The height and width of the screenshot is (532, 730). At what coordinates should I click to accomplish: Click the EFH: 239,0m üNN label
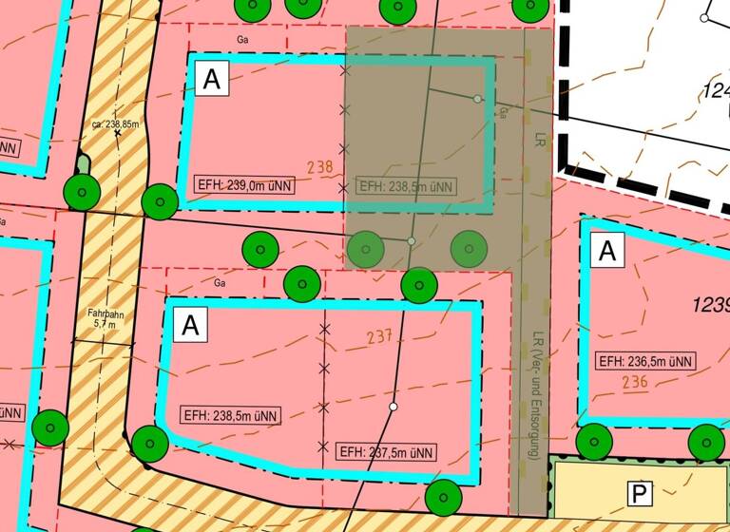[242, 184]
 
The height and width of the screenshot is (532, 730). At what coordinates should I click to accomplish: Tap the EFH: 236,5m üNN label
[646, 361]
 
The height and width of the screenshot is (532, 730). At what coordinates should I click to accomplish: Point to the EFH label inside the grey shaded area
[406, 185]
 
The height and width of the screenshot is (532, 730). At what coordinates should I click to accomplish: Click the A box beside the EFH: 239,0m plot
[212, 79]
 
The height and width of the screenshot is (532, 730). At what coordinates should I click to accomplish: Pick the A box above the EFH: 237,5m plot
[190, 325]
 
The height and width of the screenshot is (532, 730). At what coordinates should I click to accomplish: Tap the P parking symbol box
[640, 493]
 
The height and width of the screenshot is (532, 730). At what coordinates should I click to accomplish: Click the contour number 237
[379, 336]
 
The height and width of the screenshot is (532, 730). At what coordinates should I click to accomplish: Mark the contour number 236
[634, 383]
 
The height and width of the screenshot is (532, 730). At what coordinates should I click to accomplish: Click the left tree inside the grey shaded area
[366, 249]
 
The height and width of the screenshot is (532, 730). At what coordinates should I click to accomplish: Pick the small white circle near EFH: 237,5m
[393, 407]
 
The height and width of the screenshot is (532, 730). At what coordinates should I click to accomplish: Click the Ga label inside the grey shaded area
[502, 113]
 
